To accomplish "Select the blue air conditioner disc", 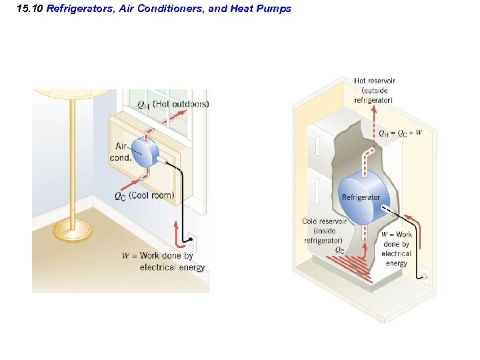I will [x=143, y=152].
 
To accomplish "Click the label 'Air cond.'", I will [x=121, y=151].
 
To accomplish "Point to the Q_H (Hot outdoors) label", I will [x=173, y=104].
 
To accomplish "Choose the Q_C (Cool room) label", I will [x=143, y=196].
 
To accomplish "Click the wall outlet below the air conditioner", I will [x=191, y=238].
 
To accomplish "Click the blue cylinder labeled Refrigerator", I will [x=363, y=197].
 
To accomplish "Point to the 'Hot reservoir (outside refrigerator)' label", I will [x=374, y=91].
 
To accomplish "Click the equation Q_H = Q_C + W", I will [x=400, y=133].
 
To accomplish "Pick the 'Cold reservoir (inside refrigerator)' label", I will [x=324, y=231].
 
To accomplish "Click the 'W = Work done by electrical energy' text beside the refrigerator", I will [x=397, y=249].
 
